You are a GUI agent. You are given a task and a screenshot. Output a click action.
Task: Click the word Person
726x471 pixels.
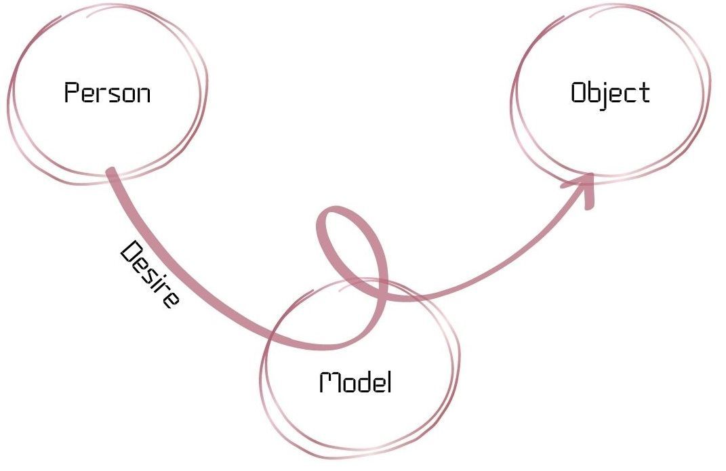pyautogui.click(x=107, y=93)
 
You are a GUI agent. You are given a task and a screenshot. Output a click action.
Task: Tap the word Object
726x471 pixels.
pyautogui.click(x=610, y=93)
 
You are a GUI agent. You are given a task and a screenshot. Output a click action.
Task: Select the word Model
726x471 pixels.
pyautogui.click(x=356, y=383)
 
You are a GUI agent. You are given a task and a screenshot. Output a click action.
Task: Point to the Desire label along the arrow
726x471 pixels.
pyautogui.click(x=150, y=274)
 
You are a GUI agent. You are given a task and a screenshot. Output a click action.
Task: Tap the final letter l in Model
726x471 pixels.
pyautogui.click(x=389, y=383)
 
